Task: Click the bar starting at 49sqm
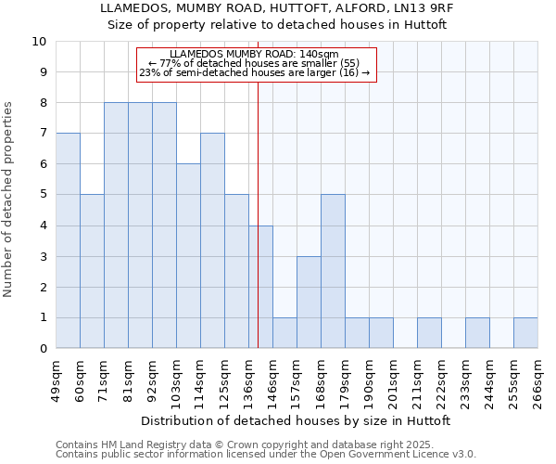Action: (x=68, y=240)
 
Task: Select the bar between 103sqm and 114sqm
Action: (x=188, y=256)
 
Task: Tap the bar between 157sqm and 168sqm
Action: (x=309, y=303)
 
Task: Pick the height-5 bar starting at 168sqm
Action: (x=333, y=272)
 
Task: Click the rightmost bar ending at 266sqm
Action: (x=525, y=333)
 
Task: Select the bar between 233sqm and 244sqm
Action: (x=477, y=333)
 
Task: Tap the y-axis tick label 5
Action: (x=43, y=195)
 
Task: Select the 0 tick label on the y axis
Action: (x=43, y=349)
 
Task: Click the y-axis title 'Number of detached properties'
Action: (x=9, y=200)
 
